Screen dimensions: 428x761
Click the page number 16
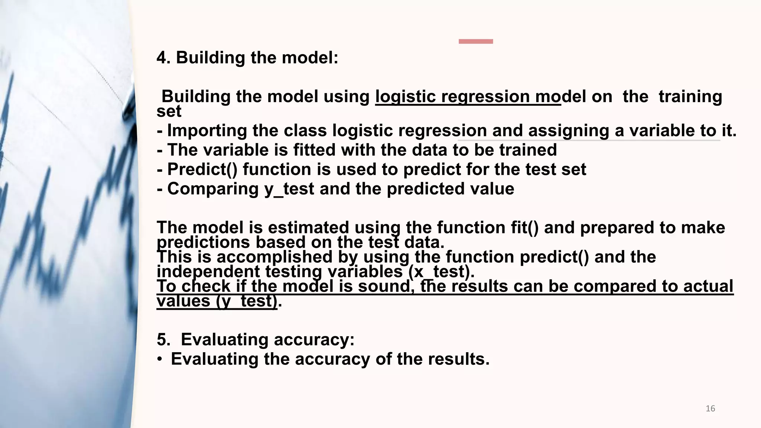[710, 409]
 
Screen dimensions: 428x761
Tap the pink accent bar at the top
[476, 42]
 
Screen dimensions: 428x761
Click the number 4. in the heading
[163, 58]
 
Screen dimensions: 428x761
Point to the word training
[690, 97]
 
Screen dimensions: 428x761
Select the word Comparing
[213, 189]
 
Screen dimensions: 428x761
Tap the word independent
[208, 272]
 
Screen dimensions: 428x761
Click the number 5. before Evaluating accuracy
[163, 340]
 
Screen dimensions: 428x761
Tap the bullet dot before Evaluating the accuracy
[159, 359]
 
